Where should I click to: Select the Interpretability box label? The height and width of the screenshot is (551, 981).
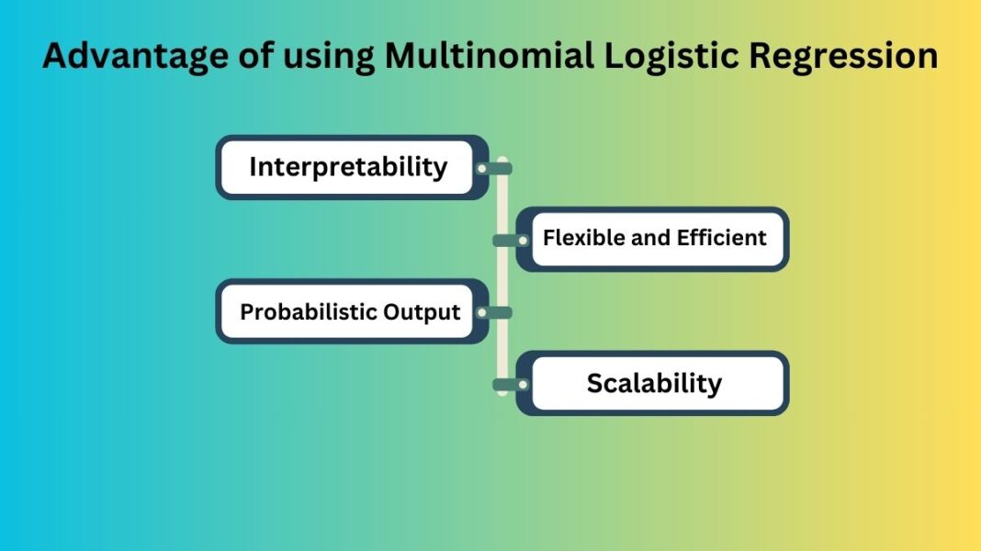[348, 167]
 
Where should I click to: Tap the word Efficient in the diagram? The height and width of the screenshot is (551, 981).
[722, 238]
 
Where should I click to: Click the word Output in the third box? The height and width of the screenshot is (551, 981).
[423, 312]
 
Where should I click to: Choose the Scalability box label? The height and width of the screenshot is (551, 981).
[654, 383]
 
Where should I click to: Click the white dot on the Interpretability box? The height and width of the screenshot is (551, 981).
[481, 168]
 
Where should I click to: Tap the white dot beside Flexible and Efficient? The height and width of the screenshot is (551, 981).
[523, 240]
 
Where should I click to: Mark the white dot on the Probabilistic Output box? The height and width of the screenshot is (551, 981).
[481, 312]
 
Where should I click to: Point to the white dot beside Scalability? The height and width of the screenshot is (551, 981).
[523, 384]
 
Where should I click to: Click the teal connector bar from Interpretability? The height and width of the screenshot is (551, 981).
[498, 168]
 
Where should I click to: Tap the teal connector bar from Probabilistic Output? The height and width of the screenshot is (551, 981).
[498, 312]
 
